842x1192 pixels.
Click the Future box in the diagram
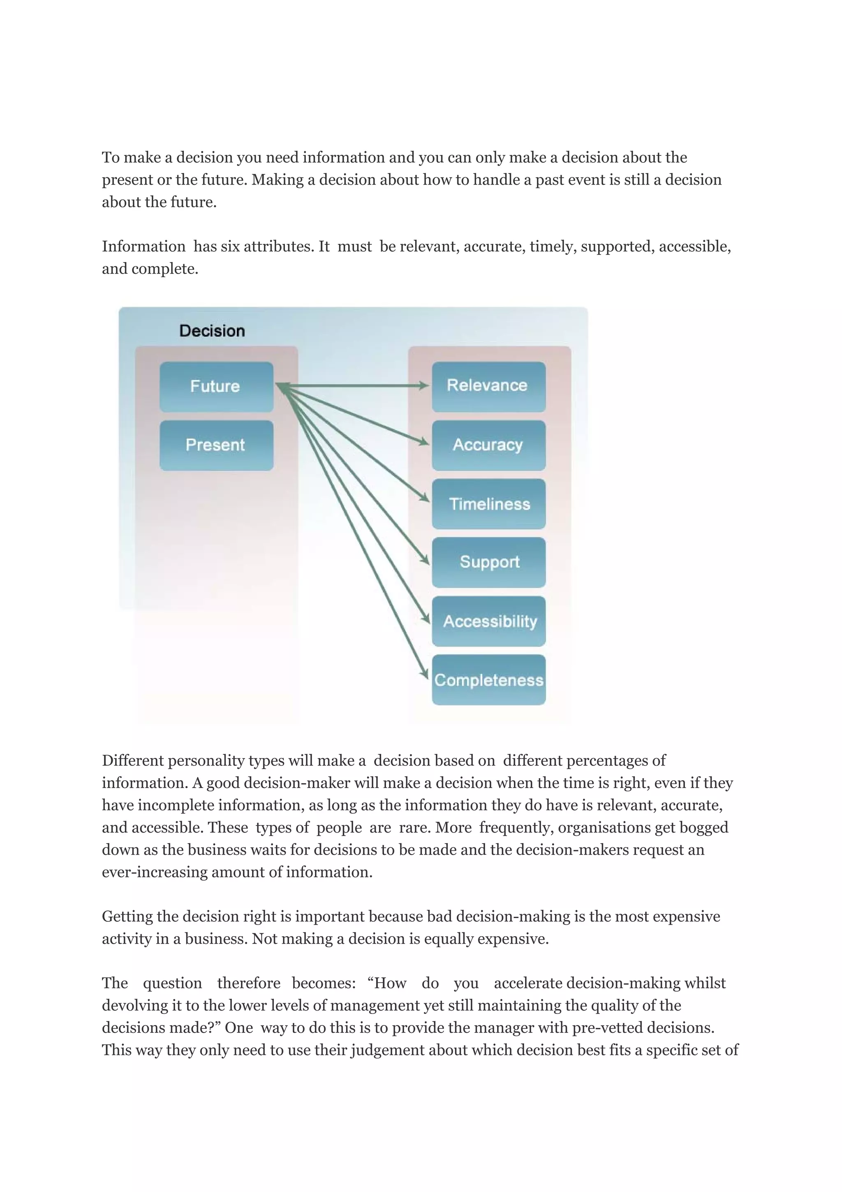[216, 387]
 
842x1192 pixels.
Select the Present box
[216, 445]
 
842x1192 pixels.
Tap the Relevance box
[488, 386]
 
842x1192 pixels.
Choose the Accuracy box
[488, 445]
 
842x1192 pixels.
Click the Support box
[488, 562]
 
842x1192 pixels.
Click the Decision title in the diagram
[212, 331]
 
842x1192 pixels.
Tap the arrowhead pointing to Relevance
[424, 386]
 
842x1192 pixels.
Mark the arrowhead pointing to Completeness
[424, 673]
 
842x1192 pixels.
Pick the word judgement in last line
[386, 1050]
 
